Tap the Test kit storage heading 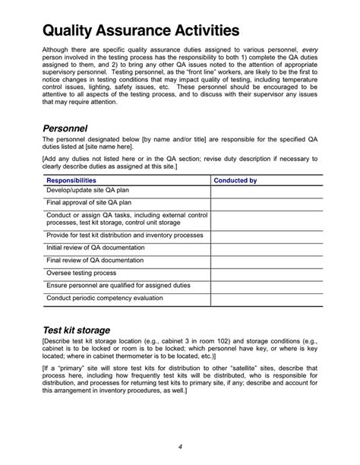click(x=76, y=331)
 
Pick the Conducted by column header click(x=235, y=181)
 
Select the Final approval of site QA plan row click(x=89, y=204)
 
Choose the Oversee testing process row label click(x=81, y=272)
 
